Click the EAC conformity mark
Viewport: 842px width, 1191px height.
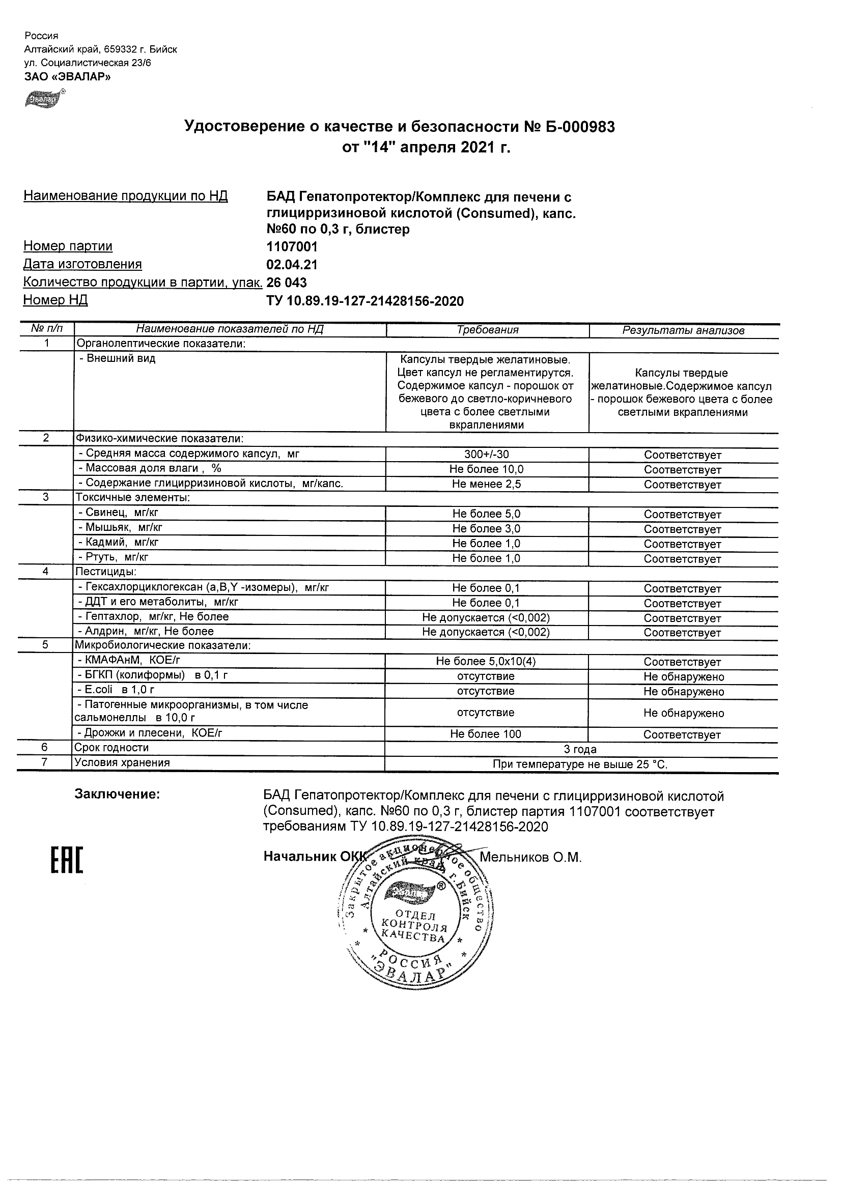pos(66,860)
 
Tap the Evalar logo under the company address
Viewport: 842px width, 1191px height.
pos(44,98)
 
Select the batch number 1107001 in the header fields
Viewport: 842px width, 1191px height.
pos(292,246)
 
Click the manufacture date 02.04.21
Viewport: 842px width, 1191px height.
pos(292,265)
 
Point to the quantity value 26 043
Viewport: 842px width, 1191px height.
pos(287,282)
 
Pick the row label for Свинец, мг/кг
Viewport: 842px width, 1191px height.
pos(118,513)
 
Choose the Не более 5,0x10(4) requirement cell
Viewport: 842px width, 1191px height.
pos(487,661)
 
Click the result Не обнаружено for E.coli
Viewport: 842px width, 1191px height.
pos(683,692)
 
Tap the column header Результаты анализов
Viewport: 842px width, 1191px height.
pos(683,330)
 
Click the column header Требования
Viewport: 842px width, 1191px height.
pos(487,330)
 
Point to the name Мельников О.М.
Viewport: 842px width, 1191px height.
pos(530,858)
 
